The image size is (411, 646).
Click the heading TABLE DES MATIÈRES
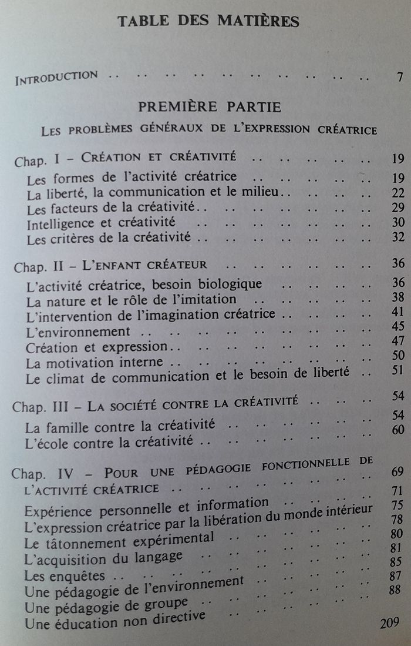(x=208, y=21)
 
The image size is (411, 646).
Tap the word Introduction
(x=56, y=76)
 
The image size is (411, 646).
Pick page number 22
(x=397, y=193)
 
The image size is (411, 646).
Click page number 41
(x=397, y=312)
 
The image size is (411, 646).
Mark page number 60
(x=397, y=429)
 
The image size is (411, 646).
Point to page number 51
(x=397, y=370)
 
